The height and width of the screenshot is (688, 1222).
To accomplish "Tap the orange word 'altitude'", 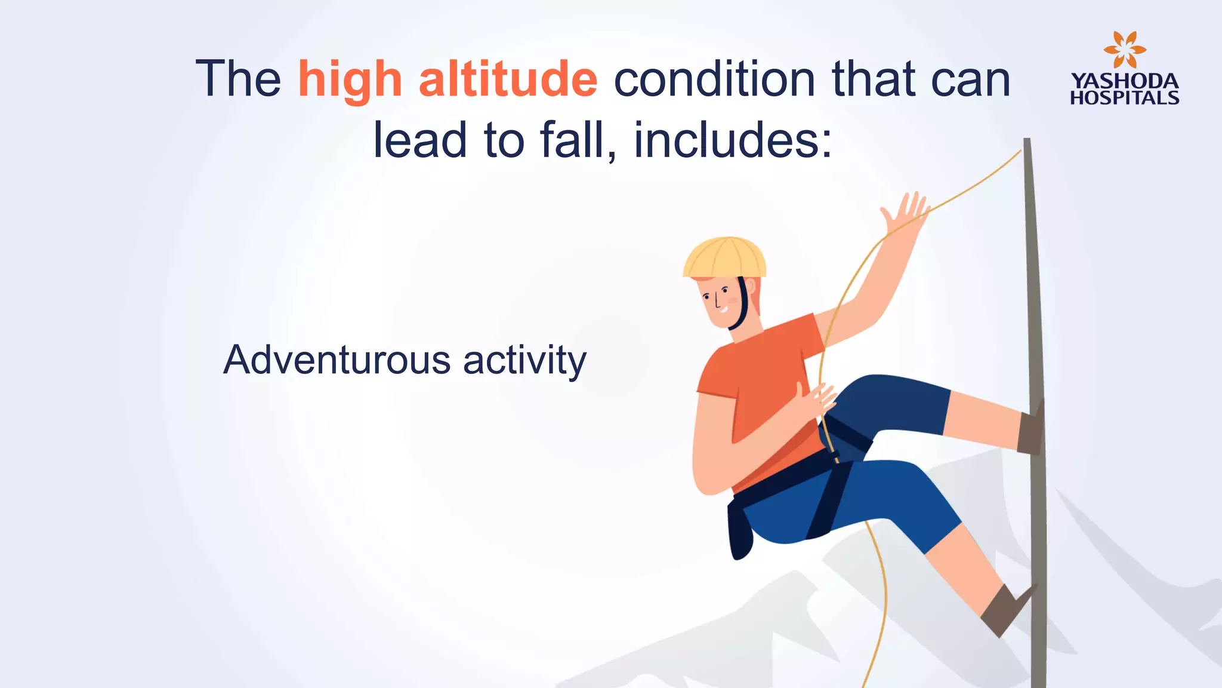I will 508,79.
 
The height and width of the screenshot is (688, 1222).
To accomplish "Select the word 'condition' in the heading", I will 714,79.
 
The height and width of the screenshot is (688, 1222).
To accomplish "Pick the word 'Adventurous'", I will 337,360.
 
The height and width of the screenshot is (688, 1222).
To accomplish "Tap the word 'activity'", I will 524,361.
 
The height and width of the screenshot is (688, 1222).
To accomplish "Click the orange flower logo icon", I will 1124,50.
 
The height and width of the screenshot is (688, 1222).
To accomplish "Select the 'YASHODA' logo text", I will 1124,81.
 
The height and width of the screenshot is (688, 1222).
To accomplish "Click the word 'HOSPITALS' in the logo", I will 1124,98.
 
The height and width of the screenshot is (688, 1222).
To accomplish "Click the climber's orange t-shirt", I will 764,388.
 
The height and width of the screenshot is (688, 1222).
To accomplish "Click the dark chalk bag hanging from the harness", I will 740,532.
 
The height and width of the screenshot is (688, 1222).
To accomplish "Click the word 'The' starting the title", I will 238,79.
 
